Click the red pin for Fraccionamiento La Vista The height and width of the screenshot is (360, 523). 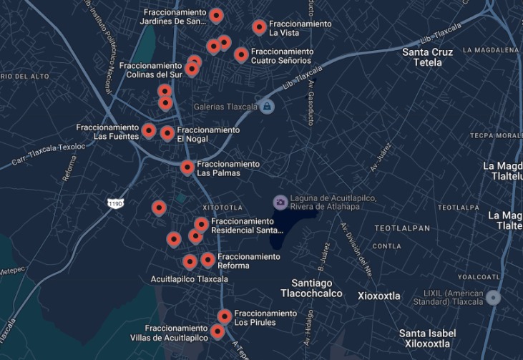coord(259,27)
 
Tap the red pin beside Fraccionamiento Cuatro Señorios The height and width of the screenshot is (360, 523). coord(241,54)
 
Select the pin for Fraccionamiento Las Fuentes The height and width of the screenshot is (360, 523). coord(149,130)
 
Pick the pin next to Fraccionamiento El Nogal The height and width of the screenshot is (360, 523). coord(167,133)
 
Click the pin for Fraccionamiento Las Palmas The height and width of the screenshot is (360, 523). coord(187,167)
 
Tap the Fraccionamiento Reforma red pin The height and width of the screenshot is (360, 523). coord(207,259)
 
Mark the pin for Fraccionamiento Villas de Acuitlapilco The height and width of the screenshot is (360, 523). coord(217,331)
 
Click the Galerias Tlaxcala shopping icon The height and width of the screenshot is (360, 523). coord(267,107)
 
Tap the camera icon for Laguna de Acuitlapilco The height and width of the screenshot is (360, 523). coord(280,202)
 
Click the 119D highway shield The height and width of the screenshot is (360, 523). coord(115,204)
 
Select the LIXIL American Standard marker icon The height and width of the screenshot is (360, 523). coord(494,297)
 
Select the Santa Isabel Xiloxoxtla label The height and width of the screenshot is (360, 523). coord(427,338)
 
